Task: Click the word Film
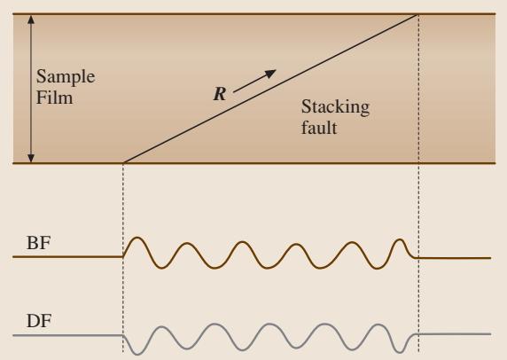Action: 54,98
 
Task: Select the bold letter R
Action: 220,94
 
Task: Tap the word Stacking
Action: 335,107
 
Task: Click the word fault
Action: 319,128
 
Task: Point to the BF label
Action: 38,243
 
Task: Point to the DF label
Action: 39,321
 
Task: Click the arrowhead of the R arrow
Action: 271,73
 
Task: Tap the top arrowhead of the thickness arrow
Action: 31,19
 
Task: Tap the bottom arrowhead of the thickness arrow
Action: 31,158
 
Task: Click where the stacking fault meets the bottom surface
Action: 124,162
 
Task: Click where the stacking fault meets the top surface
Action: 417,14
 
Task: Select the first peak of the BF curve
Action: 137,238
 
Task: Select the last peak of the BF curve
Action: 400,239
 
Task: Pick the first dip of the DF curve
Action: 137,354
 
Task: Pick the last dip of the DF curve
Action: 401,352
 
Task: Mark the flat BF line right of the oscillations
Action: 453,258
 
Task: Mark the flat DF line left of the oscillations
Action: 68,335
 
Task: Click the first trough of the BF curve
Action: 161,268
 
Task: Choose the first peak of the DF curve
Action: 161,327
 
